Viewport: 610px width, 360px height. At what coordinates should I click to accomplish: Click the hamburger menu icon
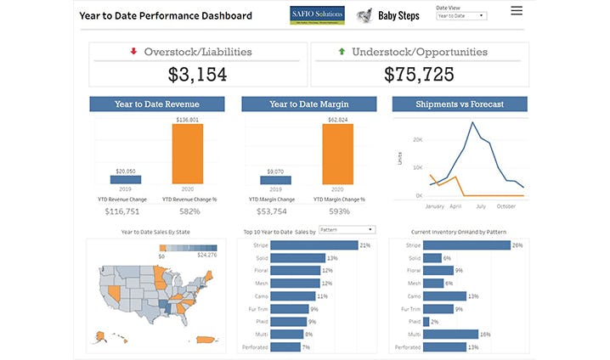tap(517, 11)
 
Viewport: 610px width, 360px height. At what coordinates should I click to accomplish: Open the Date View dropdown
tap(461, 16)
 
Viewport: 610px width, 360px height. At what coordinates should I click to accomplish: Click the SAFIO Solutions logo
tap(316, 14)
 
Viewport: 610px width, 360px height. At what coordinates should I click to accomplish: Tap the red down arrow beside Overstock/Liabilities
tap(133, 52)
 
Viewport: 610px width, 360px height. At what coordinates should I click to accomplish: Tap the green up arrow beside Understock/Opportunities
tap(342, 52)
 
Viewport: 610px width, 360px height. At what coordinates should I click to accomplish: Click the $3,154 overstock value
tap(197, 74)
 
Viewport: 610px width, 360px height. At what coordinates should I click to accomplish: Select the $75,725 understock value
tap(419, 74)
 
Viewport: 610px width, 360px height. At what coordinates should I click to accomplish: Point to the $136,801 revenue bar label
tap(189, 120)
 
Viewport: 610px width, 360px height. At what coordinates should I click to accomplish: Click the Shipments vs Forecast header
tap(460, 104)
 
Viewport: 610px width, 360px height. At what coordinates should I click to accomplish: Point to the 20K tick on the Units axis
tap(418, 138)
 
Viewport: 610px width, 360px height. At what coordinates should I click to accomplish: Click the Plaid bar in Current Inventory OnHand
tap(426, 322)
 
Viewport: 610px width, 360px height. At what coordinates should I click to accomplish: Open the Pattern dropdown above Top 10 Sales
tap(347, 229)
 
